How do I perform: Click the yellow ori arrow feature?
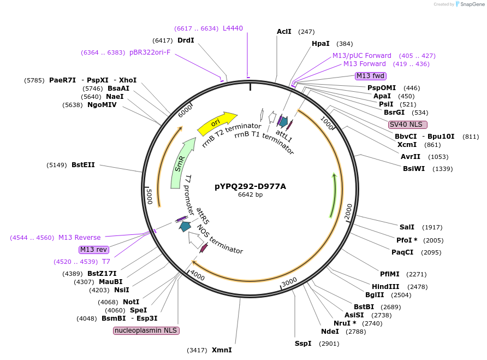[x=217, y=123]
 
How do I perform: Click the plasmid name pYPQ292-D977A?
[x=250, y=186]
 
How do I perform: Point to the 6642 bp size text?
[x=250, y=194]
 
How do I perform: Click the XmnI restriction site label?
[x=222, y=350]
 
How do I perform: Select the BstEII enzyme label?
[x=83, y=164]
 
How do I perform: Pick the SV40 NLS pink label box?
[x=408, y=125]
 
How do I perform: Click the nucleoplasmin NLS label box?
[x=146, y=331]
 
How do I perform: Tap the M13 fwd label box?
[x=371, y=76]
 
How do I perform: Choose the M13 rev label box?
[x=93, y=250]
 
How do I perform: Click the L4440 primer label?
[x=233, y=28]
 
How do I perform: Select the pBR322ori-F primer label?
[x=150, y=52]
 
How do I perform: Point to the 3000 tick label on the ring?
[x=289, y=282]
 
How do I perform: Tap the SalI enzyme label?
[x=407, y=227]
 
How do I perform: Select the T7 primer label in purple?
[x=106, y=262]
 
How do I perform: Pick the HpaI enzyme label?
[x=320, y=44]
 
